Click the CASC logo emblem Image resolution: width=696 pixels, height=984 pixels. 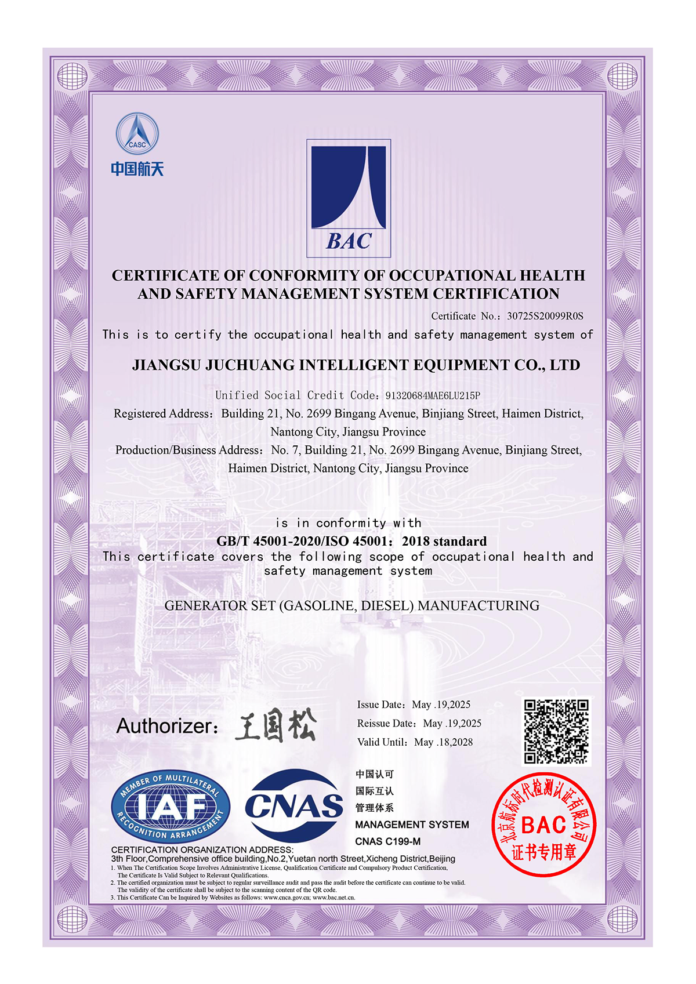[x=137, y=134]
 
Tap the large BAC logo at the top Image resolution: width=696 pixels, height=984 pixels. [x=349, y=198]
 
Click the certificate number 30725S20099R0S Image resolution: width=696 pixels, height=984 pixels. [x=545, y=316]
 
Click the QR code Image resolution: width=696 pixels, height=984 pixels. [x=556, y=731]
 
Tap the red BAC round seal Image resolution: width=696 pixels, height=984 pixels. [x=543, y=824]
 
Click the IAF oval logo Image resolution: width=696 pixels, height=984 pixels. [x=171, y=807]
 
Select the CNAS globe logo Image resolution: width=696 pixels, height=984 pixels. [x=294, y=806]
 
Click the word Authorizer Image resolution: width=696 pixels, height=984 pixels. [x=165, y=726]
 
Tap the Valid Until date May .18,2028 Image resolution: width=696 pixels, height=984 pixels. [x=443, y=742]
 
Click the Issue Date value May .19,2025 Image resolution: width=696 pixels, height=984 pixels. [x=441, y=705]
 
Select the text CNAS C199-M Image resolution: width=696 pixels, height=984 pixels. [x=387, y=841]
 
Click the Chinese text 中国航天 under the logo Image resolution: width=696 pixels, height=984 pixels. [x=137, y=169]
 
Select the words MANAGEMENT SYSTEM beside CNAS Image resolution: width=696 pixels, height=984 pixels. [x=412, y=825]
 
